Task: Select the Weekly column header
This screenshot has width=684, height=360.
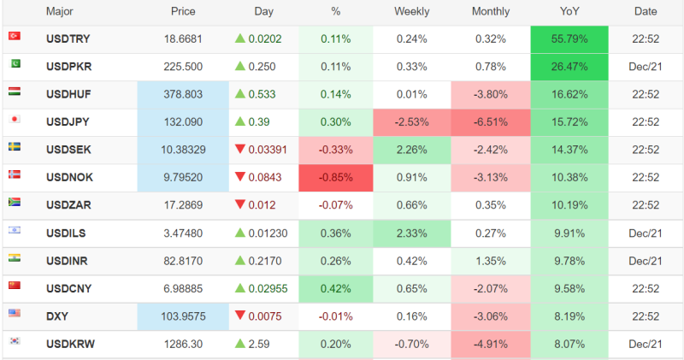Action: [411, 12]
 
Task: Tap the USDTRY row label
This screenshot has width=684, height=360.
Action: [68, 39]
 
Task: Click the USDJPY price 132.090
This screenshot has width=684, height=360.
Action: [183, 122]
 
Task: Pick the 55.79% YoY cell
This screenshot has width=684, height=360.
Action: [569, 39]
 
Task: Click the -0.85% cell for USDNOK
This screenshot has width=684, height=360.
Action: [335, 178]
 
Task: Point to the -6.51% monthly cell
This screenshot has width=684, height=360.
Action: [491, 122]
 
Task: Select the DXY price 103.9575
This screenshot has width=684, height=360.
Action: [183, 316]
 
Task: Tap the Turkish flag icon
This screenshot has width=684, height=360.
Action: [15, 36]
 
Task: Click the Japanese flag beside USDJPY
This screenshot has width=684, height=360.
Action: [15, 119]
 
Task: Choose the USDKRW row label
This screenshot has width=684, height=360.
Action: [70, 344]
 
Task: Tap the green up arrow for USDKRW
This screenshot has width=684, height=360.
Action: [239, 344]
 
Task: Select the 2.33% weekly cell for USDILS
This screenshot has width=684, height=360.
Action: [411, 233]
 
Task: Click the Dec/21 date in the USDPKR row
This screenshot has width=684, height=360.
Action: [646, 67]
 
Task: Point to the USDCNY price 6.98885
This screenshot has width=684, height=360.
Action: [183, 288]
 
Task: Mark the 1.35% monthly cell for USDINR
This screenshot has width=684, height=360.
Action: [491, 261]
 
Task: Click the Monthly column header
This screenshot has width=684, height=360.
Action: [491, 12]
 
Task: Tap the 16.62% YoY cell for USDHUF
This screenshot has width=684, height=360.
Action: [569, 95]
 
